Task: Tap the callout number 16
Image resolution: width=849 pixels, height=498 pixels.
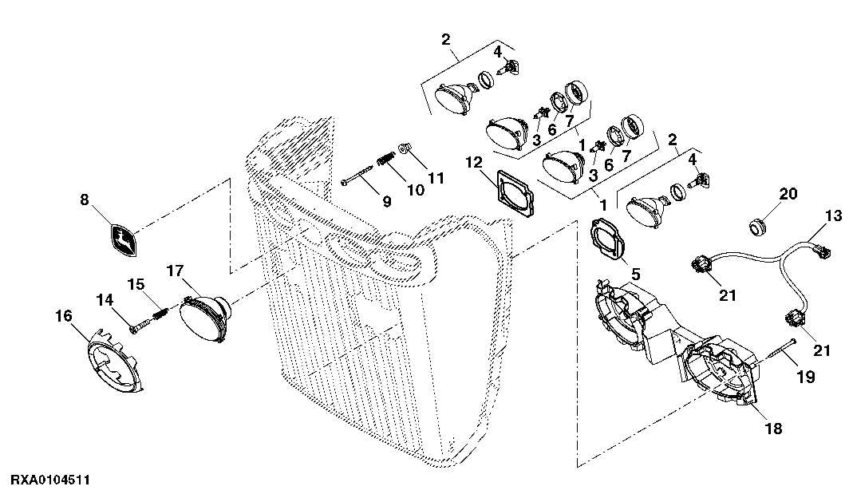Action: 64,315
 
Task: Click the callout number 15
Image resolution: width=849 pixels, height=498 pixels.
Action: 136,284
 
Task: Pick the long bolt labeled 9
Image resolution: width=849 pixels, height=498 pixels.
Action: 357,176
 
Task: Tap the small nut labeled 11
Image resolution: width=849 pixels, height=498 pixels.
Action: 405,148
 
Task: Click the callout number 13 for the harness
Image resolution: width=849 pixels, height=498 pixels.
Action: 834,216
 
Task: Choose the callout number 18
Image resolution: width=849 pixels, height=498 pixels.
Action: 774,429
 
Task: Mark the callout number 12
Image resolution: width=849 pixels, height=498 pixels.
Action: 473,162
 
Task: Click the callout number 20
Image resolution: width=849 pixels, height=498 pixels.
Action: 788,193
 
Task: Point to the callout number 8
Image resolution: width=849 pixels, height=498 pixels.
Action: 84,200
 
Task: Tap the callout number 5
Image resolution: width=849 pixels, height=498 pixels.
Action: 635,275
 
